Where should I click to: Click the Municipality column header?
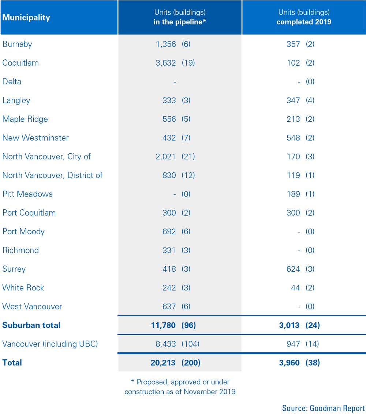tap(26, 17)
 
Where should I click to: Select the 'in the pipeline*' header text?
tap(179, 22)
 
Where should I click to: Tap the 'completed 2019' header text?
tap(303, 22)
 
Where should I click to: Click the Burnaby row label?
tap(17, 44)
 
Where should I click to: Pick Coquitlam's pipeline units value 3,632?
tap(166, 63)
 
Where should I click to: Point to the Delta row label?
tap(12, 81)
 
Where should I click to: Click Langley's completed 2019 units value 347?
tap(293, 100)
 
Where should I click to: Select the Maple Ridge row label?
tap(25, 119)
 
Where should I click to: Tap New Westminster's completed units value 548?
tap(293, 138)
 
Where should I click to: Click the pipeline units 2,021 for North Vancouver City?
tap(166, 157)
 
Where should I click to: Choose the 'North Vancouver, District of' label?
tap(52, 175)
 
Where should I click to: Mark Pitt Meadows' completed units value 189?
tap(293, 194)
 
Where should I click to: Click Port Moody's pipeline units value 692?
tap(169, 231)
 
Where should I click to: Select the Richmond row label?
tap(20, 250)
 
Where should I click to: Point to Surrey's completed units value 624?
tap(293, 269)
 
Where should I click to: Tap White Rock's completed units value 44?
tap(295, 287)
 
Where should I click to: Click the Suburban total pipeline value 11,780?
tap(163, 325)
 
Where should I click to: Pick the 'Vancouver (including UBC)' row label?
tap(50, 344)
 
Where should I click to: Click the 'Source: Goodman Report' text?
tap(323, 408)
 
